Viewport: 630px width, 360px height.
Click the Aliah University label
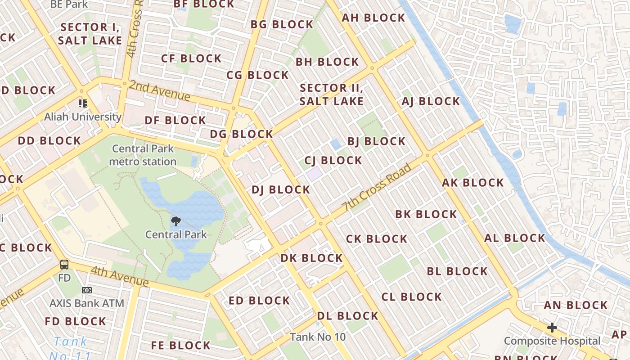(x=83, y=117)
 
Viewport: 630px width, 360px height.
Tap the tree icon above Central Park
(x=176, y=221)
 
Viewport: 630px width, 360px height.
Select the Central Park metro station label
(x=143, y=155)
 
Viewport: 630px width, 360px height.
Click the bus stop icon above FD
(x=64, y=264)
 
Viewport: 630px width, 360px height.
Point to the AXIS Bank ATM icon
(x=87, y=290)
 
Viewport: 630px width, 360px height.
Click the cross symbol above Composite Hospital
(x=552, y=328)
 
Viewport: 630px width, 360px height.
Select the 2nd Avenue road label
(x=159, y=90)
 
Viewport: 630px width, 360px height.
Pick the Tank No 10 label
(x=318, y=337)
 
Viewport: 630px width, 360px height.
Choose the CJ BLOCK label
(x=333, y=161)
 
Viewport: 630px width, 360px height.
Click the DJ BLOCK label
(x=281, y=190)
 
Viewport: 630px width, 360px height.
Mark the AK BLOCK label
(x=472, y=183)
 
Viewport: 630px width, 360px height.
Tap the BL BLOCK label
(x=457, y=271)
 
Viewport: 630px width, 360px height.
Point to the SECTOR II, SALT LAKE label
(x=332, y=94)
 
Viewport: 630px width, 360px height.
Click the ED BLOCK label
(x=259, y=301)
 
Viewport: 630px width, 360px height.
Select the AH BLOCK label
(x=373, y=18)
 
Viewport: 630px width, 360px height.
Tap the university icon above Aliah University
(x=83, y=103)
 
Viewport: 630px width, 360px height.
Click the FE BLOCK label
(x=180, y=346)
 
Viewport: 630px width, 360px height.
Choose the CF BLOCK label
(x=191, y=58)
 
